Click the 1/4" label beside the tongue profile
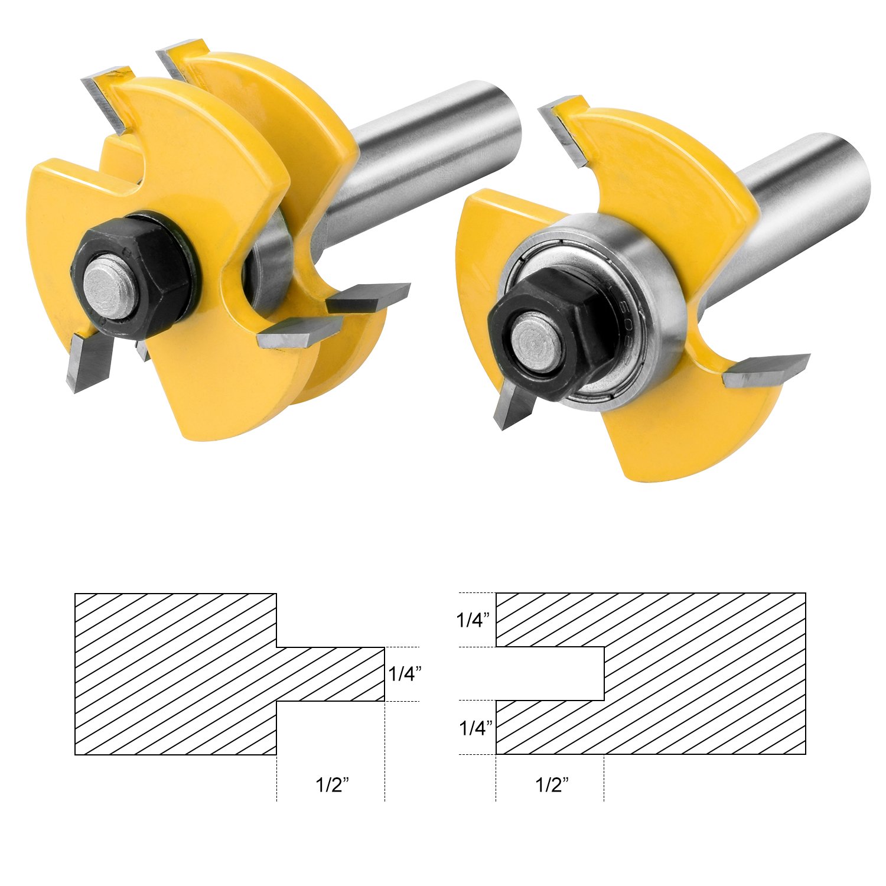click(405, 673)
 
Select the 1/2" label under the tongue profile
click(332, 785)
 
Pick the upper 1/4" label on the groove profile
click(473, 620)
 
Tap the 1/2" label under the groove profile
click(552, 785)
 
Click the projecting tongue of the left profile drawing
click(331, 674)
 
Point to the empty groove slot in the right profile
click(549, 674)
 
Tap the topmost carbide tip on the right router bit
click(564, 130)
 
